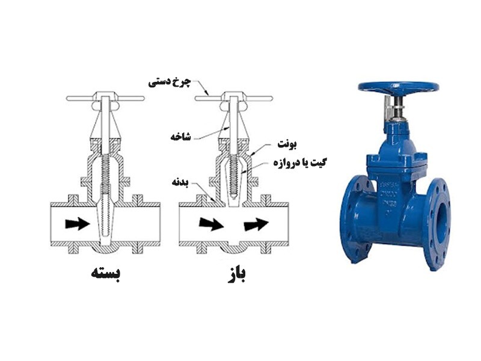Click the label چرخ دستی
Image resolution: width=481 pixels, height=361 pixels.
tap(170, 82)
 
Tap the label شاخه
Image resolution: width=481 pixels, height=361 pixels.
tap(181, 137)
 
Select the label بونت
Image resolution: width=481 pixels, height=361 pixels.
tap(287, 144)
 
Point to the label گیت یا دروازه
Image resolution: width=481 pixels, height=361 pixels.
tap(299, 162)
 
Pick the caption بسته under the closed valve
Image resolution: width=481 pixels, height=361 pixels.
tap(106, 273)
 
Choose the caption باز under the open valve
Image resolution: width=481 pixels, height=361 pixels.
tap(237, 275)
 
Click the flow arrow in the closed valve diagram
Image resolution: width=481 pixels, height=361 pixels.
tap(78, 223)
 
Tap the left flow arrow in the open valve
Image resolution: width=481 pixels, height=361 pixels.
tap(211, 224)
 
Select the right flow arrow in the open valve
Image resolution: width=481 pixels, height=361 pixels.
tap(256, 224)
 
